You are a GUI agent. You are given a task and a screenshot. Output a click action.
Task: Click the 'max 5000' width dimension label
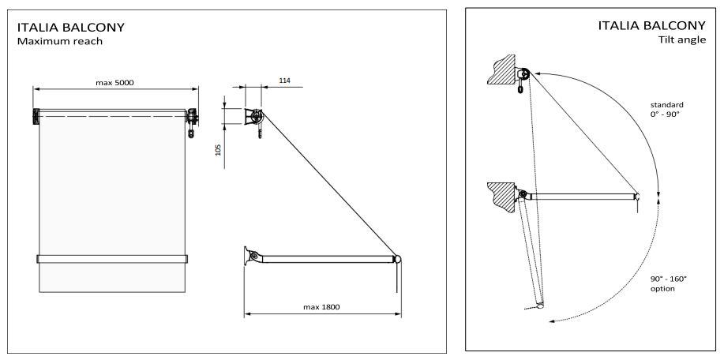114,83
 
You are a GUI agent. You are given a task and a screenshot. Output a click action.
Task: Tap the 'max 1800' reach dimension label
321,307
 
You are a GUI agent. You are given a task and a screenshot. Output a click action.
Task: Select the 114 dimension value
285,81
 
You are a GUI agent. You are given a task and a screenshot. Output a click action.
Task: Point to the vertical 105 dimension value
219,149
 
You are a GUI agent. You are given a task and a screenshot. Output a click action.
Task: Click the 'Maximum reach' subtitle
59,41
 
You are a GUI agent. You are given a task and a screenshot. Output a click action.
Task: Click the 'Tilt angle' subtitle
682,39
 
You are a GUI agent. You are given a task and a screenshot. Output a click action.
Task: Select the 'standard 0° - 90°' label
666,110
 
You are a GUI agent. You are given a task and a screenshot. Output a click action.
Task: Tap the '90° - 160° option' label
669,283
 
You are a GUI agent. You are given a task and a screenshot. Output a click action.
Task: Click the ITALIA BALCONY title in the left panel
70,27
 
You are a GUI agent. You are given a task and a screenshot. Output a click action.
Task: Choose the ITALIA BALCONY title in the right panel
652,25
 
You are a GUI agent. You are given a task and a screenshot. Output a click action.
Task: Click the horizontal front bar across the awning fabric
112,259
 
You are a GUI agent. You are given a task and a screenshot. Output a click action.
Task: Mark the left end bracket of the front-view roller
36,116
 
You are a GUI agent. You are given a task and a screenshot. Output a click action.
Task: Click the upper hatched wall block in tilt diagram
502,69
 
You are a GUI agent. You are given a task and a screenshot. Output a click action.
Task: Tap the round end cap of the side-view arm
397,260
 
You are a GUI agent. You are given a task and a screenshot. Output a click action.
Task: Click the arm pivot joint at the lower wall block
523,194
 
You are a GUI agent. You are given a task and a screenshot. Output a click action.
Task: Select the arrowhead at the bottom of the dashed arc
551,321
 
